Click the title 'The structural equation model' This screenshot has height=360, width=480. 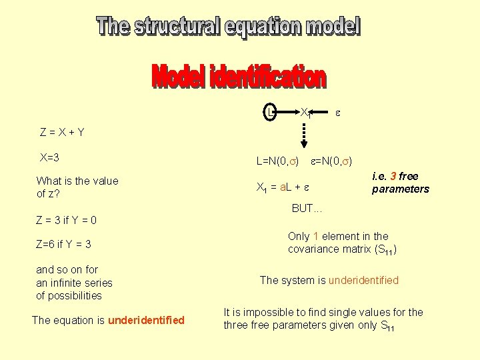[x=229, y=27]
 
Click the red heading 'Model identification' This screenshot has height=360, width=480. [x=239, y=77]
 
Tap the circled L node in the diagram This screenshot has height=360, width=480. [x=269, y=111]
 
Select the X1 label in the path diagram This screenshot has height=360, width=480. [x=306, y=112]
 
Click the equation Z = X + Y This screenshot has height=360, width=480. [x=62, y=132]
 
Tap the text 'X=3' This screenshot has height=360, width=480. [x=50, y=158]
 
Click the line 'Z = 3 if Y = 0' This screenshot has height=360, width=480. [x=66, y=220]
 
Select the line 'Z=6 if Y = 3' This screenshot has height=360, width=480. [x=63, y=244]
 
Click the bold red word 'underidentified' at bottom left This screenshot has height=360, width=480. [x=146, y=320]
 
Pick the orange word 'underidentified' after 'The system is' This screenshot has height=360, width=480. [x=363, y=280]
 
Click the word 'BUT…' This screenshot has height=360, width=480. [x=307, y=209]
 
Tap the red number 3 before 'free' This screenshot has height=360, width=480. [x=393, y=177]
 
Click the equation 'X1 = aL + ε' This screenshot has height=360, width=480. [x=284, y=187]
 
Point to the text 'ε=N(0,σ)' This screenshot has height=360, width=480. [x=332, y=161]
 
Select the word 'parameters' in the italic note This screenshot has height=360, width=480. [x=401, y=189]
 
